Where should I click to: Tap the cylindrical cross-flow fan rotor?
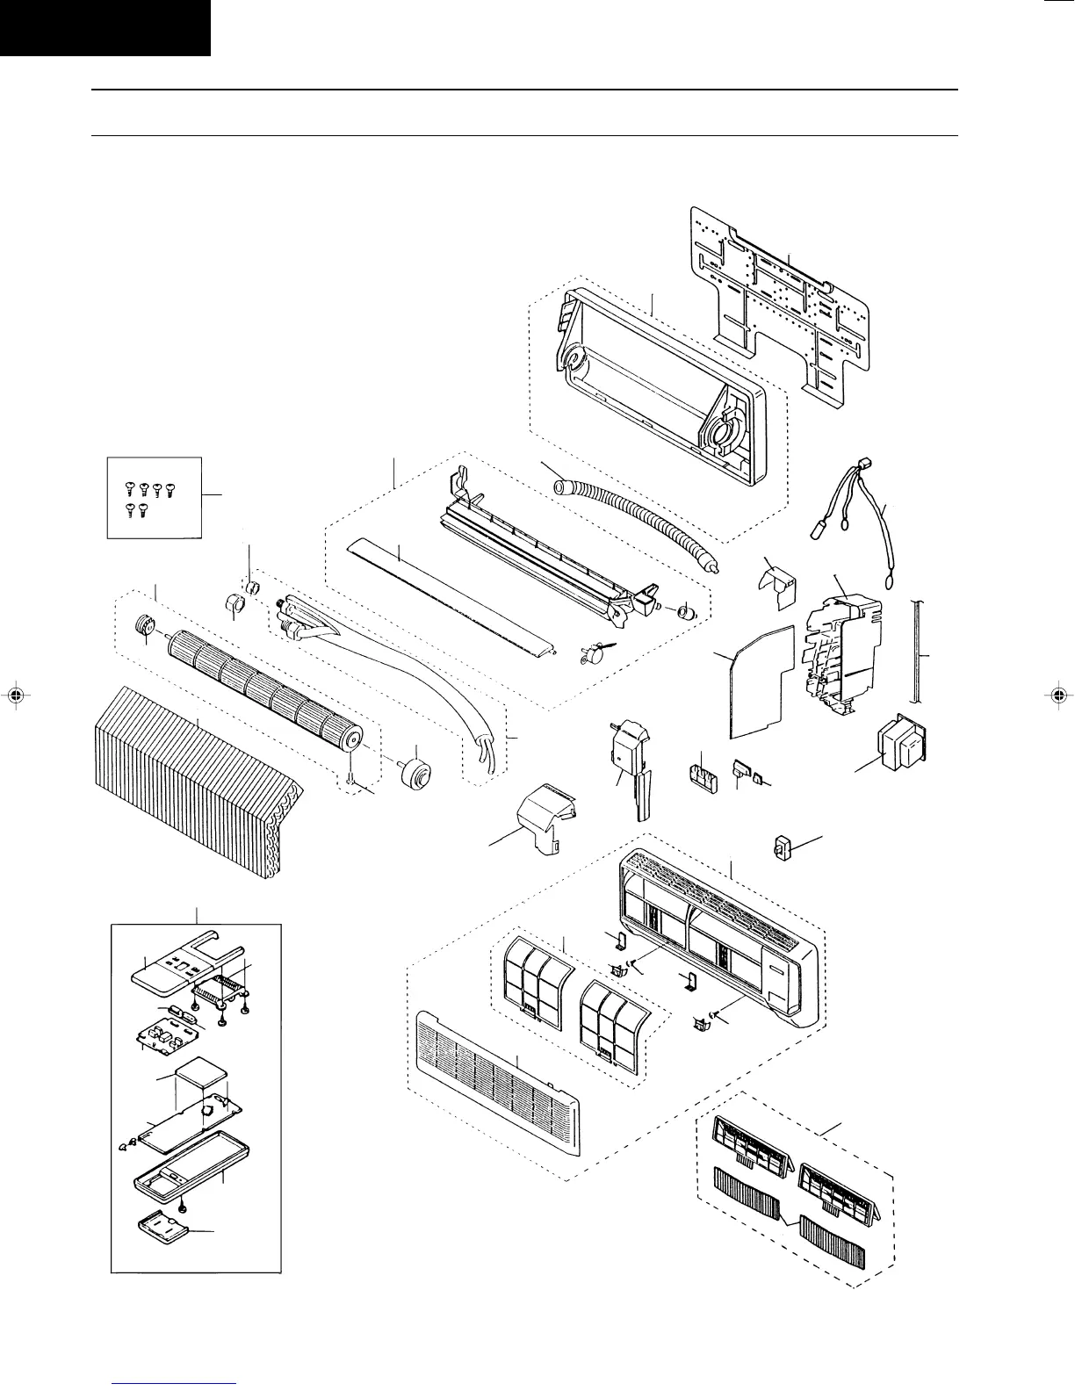coord(263,689)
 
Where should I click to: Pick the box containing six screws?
coord(154,496)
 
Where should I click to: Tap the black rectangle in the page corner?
coord(105,27)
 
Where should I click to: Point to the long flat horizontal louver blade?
coord(452,597)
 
